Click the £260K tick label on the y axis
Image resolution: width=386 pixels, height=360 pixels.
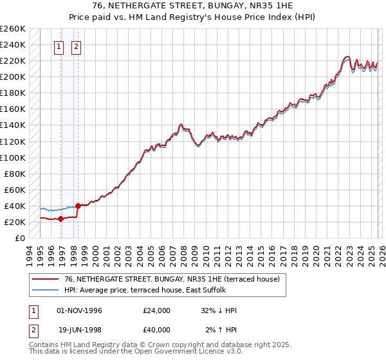12,29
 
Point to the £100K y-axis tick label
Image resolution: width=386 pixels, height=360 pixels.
12,157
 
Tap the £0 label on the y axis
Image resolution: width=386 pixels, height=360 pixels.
20,238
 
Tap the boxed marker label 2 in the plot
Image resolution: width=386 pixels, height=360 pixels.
76,46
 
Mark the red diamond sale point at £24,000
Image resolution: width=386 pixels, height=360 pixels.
60,219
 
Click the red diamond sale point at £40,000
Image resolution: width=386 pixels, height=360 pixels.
78,206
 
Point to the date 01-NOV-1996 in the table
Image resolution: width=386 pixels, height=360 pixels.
80,310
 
